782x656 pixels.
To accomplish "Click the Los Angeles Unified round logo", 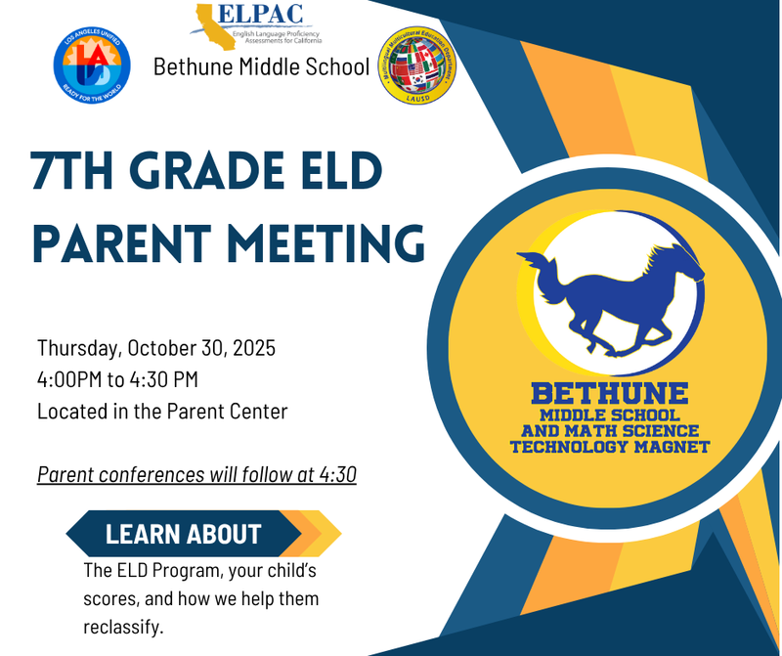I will (x=92, y=66).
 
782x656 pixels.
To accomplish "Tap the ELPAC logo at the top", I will (x=261, y=25).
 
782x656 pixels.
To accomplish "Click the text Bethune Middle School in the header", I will (x=261, y=67).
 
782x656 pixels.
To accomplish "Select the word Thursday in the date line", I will (x=77, y=347).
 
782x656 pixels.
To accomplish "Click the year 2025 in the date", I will (x=252, y=347).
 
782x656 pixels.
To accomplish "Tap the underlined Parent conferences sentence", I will (x=196, y=475).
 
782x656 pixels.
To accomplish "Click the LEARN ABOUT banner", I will (x=184, y=534).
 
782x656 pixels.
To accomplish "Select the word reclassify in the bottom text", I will (x=123, y=624).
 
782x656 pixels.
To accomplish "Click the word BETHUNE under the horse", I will (x=609, y=394).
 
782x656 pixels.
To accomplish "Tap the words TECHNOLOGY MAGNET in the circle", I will (x=609, y=447).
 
